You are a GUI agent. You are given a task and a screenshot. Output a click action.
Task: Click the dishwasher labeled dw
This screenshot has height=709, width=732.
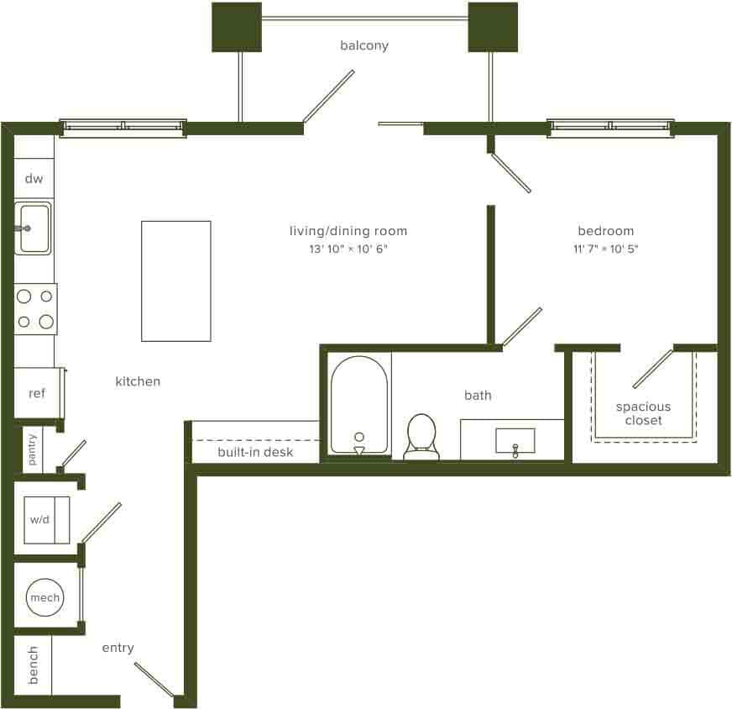tap(34, 179)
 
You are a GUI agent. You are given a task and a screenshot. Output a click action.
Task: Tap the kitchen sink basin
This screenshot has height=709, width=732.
tap(34, 228)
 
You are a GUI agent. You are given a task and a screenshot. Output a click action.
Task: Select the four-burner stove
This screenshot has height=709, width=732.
tap(35, 308)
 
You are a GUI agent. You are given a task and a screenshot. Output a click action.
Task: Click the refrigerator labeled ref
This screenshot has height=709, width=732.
tap(37, 393)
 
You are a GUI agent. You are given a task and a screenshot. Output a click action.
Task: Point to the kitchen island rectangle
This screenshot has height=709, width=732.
tap(175, 281)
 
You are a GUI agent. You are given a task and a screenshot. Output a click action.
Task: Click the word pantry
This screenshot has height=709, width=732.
tap(33, 449)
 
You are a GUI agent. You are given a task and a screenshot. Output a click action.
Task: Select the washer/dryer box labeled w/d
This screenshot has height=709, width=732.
tap(40, 520)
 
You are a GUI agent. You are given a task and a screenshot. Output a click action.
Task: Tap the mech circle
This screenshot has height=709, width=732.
tap(44, 598)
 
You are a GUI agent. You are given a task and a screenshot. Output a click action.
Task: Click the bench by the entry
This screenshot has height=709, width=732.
tap(34, 664)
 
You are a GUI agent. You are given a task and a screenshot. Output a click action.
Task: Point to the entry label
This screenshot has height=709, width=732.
tap(118, 648)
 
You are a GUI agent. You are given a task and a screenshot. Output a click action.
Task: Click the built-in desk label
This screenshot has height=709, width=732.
tap(255, 452)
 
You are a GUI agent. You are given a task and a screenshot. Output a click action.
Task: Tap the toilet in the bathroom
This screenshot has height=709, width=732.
tap(421, 437)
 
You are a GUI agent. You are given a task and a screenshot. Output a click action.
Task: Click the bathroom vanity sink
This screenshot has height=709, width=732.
tap(515, 440)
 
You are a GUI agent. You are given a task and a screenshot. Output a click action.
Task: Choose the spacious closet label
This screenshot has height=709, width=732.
tap(643, 413)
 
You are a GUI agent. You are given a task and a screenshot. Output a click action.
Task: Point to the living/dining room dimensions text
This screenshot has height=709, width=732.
tap(348, 249)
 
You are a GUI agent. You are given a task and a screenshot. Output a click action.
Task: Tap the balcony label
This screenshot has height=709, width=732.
tap(364, 45)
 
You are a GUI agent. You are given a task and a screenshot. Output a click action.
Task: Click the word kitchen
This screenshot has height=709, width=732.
tap(138, 381)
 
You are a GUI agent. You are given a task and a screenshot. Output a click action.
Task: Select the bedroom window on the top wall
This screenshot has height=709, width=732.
tap(610, 127)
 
